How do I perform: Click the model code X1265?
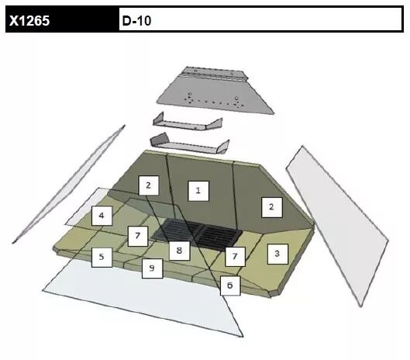pos(29,20)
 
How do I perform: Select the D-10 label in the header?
pos(136,20)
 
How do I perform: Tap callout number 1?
pos(198,191)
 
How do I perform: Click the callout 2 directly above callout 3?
pos(272,207)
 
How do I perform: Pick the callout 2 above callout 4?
pos(149,185)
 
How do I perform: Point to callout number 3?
pos(277,254)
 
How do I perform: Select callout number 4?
pos(102,216)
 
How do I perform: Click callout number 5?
pos(102,258)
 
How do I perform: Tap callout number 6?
pos(230,286)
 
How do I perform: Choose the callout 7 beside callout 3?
pos(235,257)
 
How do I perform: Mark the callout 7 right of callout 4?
pos(138,236)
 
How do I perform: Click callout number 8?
pos(179,251)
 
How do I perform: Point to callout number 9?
pos(152,268)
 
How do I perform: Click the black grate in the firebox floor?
pos(197,234)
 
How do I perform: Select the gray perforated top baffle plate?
pos(215,91)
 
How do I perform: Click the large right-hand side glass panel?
pos(337,225)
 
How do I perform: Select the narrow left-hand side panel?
pos(68,184)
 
